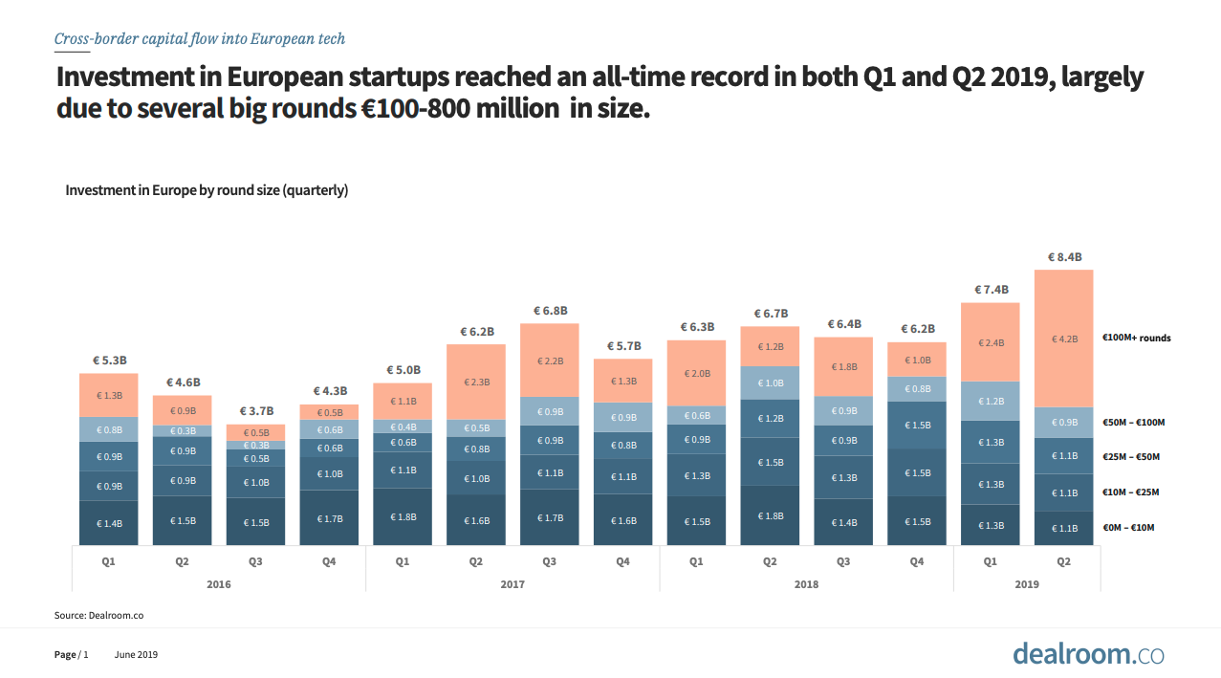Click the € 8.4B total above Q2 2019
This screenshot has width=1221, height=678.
[x=1063, y=257]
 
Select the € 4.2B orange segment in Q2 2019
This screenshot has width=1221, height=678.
[x=1063, y=339]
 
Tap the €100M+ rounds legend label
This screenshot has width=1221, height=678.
[x=1136, y=338]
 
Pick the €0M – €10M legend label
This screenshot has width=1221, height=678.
[x=1130, y=528]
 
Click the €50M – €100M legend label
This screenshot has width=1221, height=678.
[x=1133, y=422]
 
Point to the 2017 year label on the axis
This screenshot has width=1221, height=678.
[x=512, y=583]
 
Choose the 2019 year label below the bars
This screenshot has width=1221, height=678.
[x=1026, y=583]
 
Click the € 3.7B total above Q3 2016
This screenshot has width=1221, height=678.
[x=255, y=411]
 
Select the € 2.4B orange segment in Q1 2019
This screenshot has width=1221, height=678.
[x=990, y=342]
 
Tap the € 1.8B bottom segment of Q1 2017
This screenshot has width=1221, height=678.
[x=403, y=516]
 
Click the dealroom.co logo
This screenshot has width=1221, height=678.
[x=1088, y=654]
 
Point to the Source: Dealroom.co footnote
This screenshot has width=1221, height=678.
[x=98, y=616]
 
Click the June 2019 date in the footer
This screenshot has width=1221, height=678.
[x=136, y=655]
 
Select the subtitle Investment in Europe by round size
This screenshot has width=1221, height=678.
[x=207, y=190]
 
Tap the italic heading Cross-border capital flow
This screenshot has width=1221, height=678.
[x=199, y=39]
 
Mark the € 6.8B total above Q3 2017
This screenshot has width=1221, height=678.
[x=550, y=311]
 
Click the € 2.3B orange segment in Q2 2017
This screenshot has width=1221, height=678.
[x=476, y=382]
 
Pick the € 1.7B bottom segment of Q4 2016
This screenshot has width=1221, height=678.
[x=329, y=518]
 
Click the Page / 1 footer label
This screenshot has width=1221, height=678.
[x=71, y=655]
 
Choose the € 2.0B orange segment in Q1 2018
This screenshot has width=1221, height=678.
[x=696, y=374]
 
